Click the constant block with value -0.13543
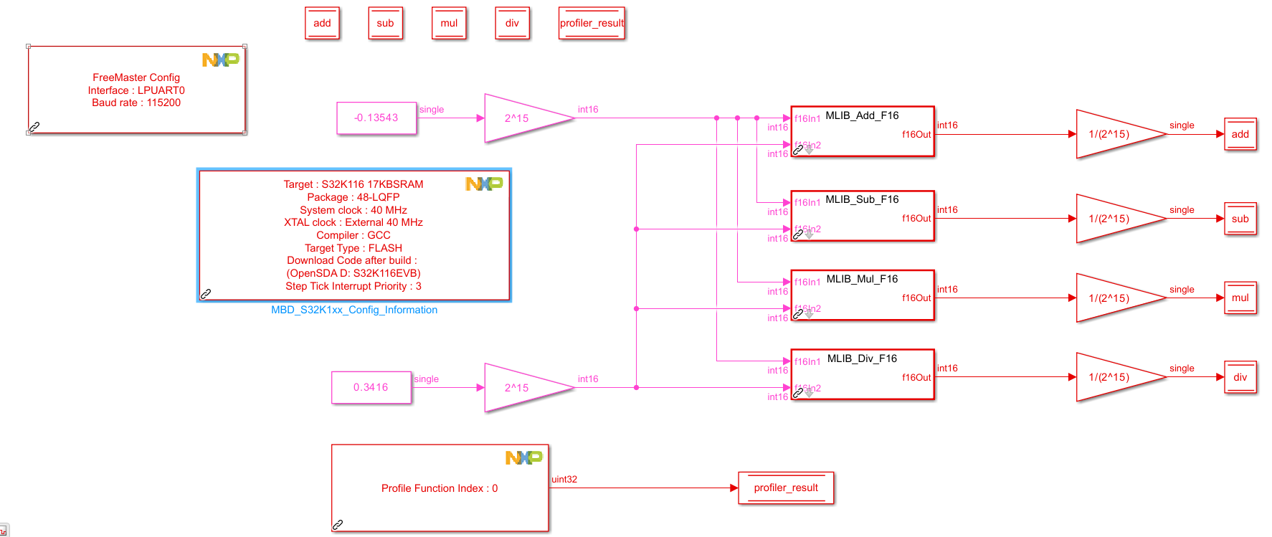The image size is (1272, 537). (x=376, y=118)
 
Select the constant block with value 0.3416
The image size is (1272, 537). (x=371, y=387)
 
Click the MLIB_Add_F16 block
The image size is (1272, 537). (x=862, y=132)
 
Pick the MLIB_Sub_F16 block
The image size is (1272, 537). (x=862, y=216)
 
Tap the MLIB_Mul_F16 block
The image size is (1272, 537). (x=862, y=295)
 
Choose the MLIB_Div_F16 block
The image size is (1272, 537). (x=862, y=375)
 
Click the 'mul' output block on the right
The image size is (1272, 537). (x=1240, y=298)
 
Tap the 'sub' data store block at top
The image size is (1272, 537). (x=385, y=23)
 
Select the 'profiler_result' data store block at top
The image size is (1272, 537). (x=592, y=23)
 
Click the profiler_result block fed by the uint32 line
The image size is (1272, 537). (x=786, y=488)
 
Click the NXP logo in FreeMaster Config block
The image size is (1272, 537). (x=220, y=60)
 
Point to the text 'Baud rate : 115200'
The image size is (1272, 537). (x=136, y=103)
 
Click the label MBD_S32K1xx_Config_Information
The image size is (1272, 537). (x=354, y=310)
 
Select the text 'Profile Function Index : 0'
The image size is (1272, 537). (x=440, y=488)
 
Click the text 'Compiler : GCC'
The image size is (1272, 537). (x=353, y=235)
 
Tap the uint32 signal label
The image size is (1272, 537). (x=564, y=479)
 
